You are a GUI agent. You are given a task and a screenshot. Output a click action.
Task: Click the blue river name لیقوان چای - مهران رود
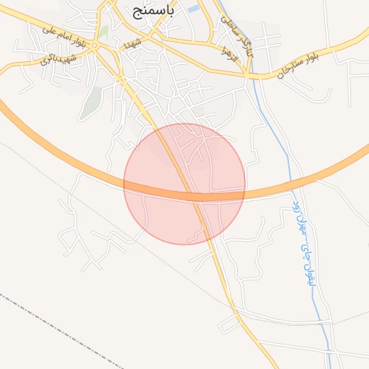coord(302,242)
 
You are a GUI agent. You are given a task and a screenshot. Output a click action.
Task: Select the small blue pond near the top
coord(193,9)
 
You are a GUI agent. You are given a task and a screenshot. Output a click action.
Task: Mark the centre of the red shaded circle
coord(184,184)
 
